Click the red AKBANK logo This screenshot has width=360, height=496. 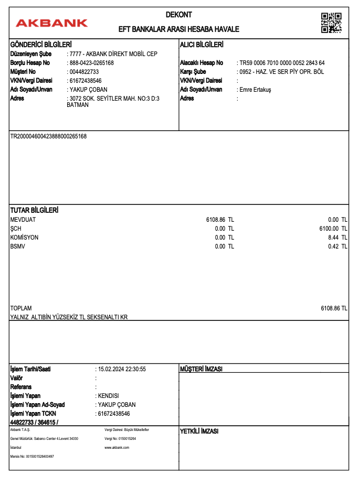coord(52,23)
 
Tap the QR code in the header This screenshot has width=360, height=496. coord(331,23)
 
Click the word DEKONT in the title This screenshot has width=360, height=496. coord(178,15)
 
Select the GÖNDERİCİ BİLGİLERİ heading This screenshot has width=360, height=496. coord(41,45)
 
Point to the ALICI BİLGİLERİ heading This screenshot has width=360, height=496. coord(202,45)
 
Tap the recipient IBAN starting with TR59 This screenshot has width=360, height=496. coord(282,63)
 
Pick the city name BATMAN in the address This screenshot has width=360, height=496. coord(78,105)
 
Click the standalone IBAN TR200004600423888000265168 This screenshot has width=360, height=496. coord(49,136)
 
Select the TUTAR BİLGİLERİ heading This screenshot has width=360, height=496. coord(34,210)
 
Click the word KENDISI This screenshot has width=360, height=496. coord(108,396)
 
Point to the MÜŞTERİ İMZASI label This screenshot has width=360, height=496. coord(201,369)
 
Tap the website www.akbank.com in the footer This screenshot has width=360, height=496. coord(117,447)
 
